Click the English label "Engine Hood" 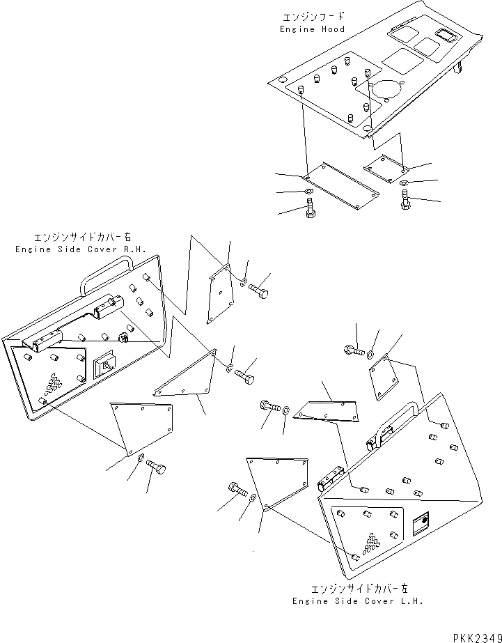(x=312, y=29)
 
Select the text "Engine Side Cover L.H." (x=357, y=601)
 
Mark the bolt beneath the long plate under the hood (x=310, y=207)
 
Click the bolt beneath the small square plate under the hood (x=406, y=199)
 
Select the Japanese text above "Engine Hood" (x=312, y=17)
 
